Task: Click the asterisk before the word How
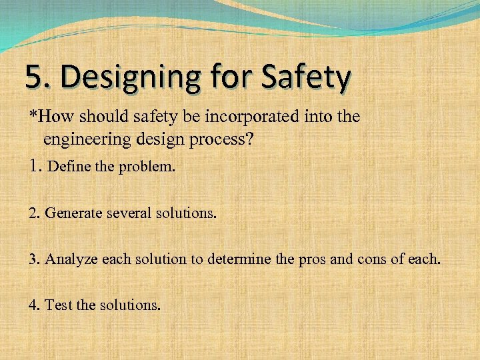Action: click(32, 115)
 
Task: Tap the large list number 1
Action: click(35, 165)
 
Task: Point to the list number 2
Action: click(34, 213)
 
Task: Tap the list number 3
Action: click(34, 259)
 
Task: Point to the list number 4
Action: click(34, 306)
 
